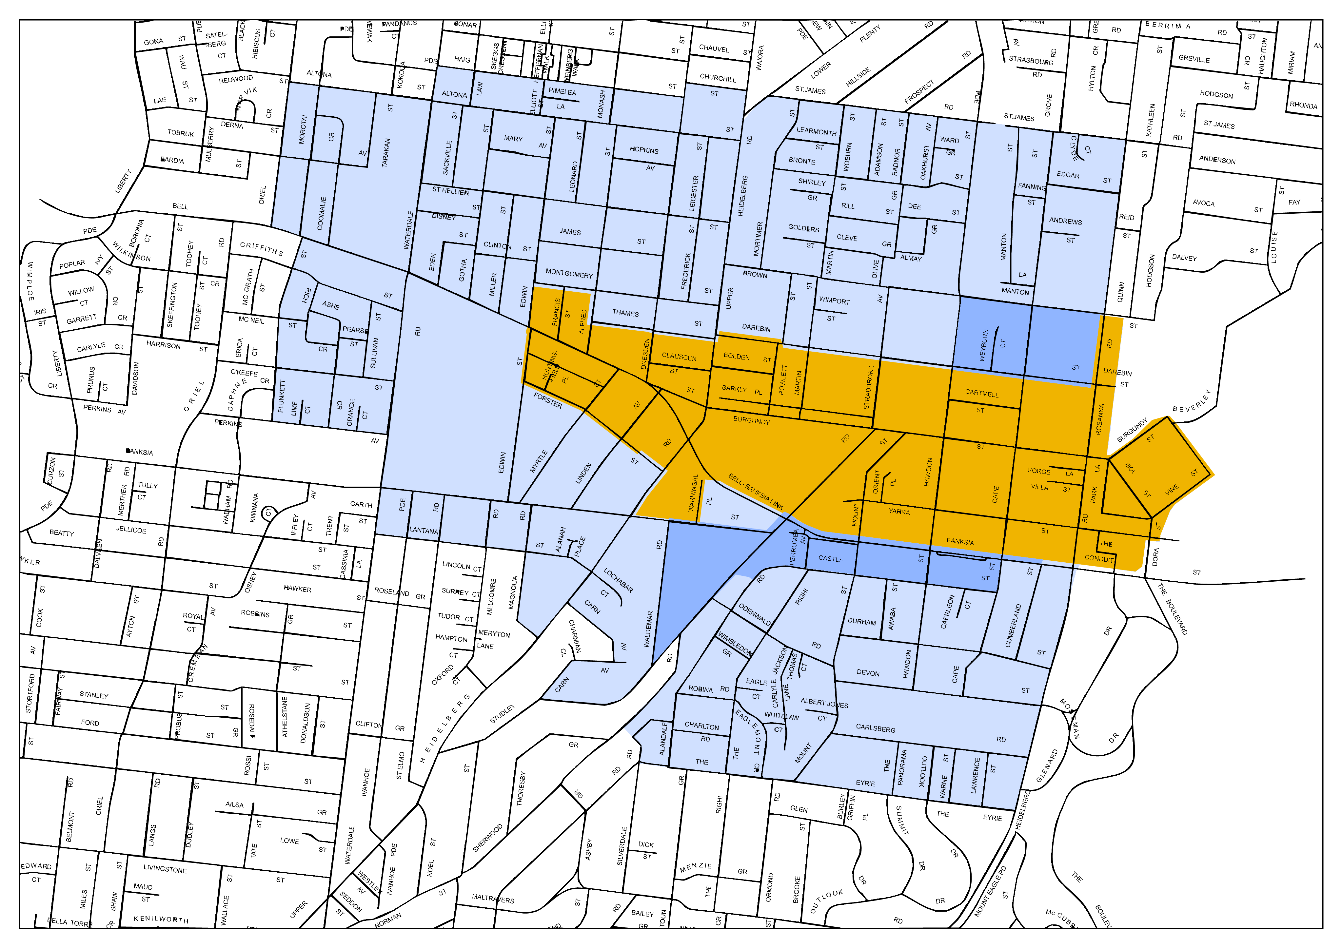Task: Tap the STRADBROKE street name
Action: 869,387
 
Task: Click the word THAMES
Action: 625,313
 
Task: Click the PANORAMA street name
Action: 902,767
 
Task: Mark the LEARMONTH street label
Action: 816,131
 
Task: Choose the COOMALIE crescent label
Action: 322,213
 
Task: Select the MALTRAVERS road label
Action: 493,899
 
